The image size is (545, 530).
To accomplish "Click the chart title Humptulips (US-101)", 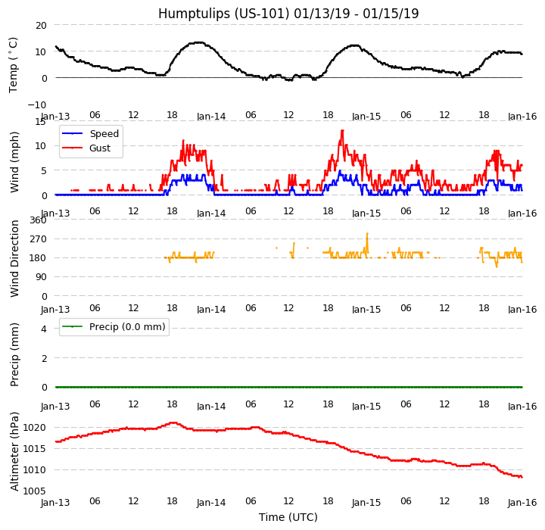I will (x=288, y=14).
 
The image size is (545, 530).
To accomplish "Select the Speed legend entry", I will (x=104, y=134).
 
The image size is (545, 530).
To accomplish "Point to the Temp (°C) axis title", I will (x=14, y=64).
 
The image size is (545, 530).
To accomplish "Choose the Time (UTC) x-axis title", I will (x=288, y=517).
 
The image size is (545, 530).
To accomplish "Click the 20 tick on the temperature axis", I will (x=40, y=25).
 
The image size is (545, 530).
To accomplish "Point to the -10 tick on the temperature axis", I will (x=38, y=104).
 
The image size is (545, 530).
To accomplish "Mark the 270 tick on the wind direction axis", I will (x=37, y=238).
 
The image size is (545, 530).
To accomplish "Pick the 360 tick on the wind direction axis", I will (x=37, y=220).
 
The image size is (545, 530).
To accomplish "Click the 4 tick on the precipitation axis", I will (x=43, y=329).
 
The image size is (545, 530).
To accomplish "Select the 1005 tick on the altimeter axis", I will (x=34, y=491).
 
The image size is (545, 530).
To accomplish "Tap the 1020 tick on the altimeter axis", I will (x=34, y=428).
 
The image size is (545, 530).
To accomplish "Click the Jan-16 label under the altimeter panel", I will (x=522, y=503).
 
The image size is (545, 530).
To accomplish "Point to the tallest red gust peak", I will (x=342, y=130).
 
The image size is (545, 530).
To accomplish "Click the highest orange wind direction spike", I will (x=367, y=233).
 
